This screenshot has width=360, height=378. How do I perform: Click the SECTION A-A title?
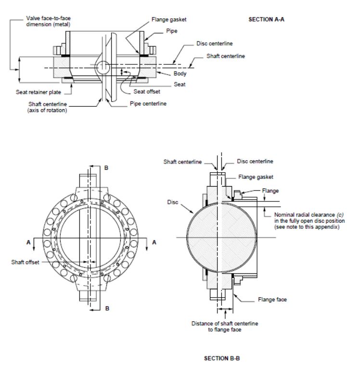point(266,20)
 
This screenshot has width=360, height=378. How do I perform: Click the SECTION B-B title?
point(222,358)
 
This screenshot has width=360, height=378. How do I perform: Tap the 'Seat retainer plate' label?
point(39,92)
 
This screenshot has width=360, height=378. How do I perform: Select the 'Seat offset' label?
point(147,91)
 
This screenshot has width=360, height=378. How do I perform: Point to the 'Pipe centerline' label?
point(148,104)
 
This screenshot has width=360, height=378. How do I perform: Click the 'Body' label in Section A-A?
point(180,74)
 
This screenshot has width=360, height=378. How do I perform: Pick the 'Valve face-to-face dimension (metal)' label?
point(48,21)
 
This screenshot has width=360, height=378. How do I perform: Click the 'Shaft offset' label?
point(25,262)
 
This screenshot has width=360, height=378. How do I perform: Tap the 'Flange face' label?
point(272,300)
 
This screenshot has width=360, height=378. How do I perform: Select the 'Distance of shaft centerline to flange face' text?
point(225,327)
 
